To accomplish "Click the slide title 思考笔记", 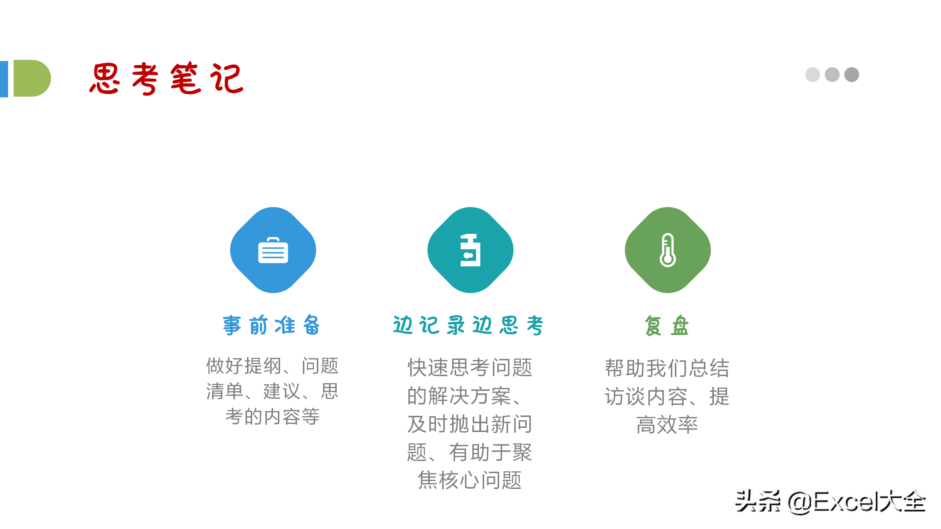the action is (167, 79).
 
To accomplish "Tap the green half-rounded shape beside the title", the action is (32, 78).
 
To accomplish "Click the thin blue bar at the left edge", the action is (4, 79).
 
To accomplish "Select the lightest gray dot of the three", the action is (812, 75).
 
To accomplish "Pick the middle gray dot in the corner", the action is (832, 75).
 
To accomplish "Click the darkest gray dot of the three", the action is (852, 75).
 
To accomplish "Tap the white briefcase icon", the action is (273, 250).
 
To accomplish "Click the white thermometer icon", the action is (668, 250).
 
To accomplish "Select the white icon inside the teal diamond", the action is (470, 250).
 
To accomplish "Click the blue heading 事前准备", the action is (272, 325).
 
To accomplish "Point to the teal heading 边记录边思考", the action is (468, 325).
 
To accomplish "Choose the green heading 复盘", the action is (667, 325).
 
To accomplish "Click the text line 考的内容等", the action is (272, 416).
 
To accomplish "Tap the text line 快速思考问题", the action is (470, 367).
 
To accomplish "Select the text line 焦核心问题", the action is (470, 480).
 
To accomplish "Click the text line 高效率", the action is (667, 425).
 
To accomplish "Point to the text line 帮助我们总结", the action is (667, 368).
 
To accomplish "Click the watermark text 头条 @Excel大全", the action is (830, 502).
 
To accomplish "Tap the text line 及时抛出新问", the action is (470, 424).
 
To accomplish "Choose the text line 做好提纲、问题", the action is (272, 366).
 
